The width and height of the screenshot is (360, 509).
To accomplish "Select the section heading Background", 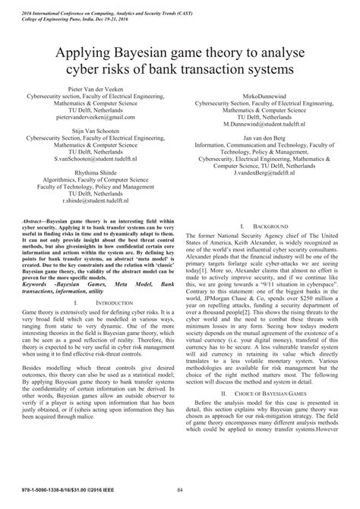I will [270, 227].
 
